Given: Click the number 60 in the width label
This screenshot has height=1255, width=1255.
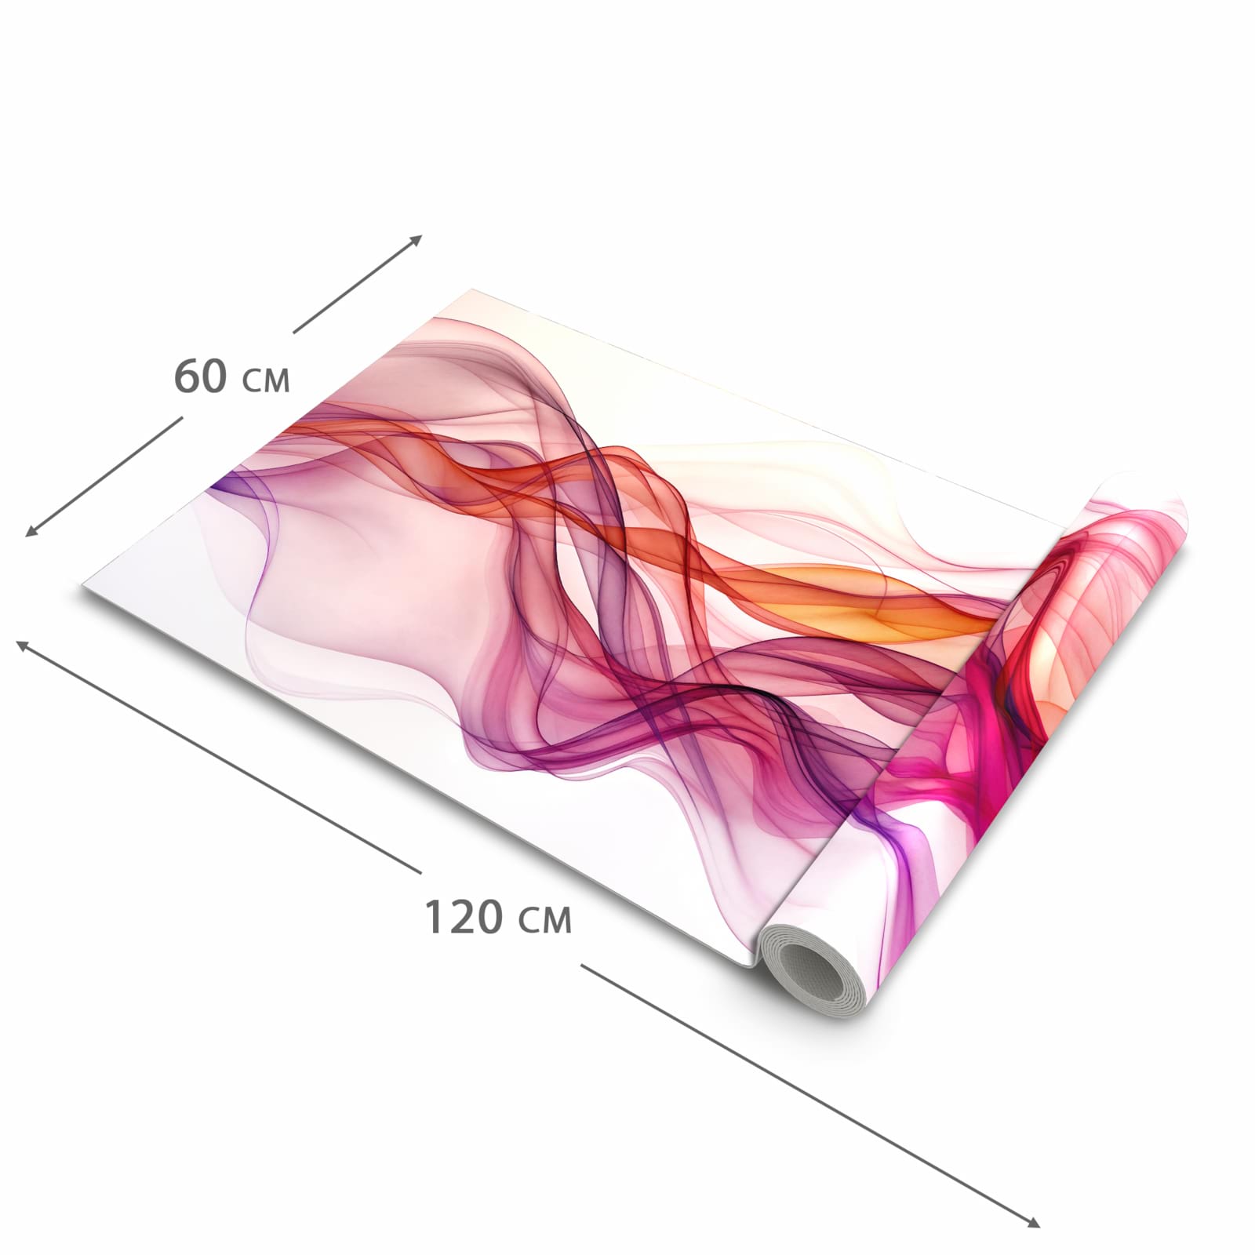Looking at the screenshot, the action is [201, 376].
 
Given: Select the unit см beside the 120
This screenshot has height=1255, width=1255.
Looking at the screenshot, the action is [546, 922].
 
